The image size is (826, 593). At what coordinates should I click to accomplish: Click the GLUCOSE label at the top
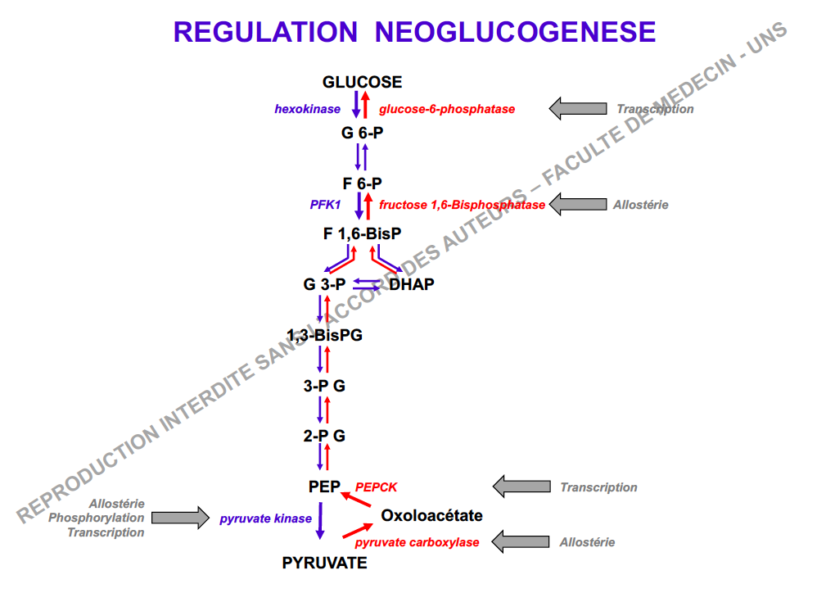tap(362, 82)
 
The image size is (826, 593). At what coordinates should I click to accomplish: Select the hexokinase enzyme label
tap(307, 109)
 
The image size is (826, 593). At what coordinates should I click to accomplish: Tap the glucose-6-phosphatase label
tap(447, 109)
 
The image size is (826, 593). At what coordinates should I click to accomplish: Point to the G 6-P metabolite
tap(362, 132)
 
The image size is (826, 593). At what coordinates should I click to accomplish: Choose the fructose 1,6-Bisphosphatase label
tap(462, 205)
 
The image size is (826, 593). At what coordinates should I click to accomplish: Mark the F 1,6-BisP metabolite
tap(362, 234)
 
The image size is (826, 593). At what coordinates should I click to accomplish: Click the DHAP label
tap(411, 285)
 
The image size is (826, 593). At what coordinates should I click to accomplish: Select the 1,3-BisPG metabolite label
tap(324, 335)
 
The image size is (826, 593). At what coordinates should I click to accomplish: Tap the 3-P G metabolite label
tap(324, 386)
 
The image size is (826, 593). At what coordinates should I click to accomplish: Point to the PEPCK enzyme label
tap(376, 487)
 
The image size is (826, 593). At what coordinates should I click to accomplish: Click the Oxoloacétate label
tap(431, 516)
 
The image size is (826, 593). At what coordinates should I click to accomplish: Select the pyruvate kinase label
tap(265, 518)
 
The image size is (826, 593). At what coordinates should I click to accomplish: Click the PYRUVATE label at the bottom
tap(325, 563)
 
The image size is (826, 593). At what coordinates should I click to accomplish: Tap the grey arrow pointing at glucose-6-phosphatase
tap(577, 108)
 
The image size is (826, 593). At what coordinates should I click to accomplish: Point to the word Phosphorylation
tap(96, 518)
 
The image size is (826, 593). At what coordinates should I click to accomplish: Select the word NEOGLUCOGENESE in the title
tap(515, 32)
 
